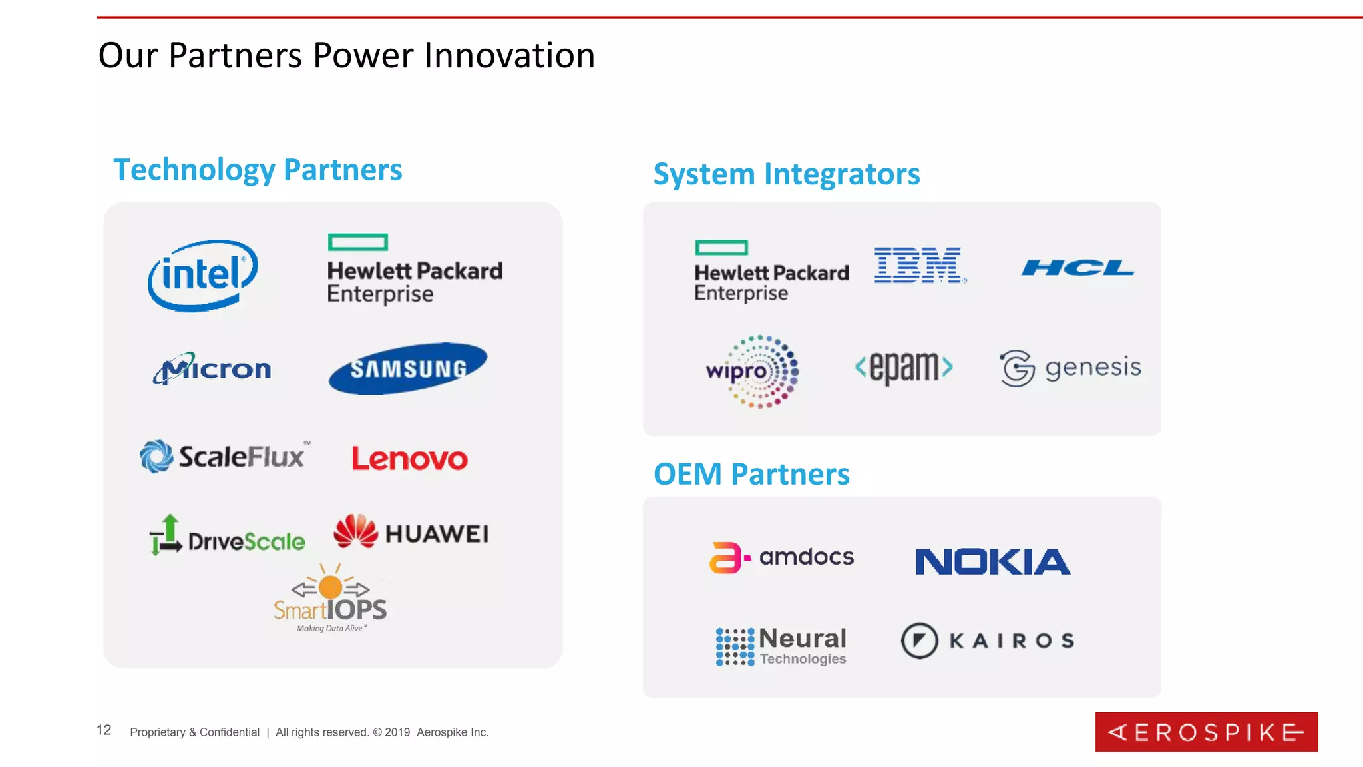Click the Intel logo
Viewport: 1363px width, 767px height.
[x=202, y=275]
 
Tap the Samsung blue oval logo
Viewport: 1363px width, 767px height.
[x=407, y=368]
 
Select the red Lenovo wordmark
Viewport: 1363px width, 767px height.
[x=409, y=459]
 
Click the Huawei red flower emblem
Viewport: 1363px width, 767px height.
[x=355, y=531]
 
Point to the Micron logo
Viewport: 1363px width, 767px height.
[x=212, y=368]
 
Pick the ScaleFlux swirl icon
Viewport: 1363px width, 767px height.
[x=156, y=457]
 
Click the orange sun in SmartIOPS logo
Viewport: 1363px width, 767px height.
[x=331, y=587]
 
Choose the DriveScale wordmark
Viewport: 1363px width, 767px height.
[x=246, y=541]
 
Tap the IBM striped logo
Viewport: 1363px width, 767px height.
[x=918, y=265]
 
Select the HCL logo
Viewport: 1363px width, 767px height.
[x=1077, y=268]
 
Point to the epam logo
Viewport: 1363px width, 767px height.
[x=904, y=366]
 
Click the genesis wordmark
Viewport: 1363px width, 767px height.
[x=1093, y=368]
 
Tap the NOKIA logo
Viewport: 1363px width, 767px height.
[x=992, y=561]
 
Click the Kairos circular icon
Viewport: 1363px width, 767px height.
[x=919, y=640]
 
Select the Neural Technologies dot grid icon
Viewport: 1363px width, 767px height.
[x=735, y=646]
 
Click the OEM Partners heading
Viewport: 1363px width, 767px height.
[x=751, y=474]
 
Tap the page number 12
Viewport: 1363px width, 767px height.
[x=104, y=730]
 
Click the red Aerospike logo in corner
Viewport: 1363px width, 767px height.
[x=1206, y=732]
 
